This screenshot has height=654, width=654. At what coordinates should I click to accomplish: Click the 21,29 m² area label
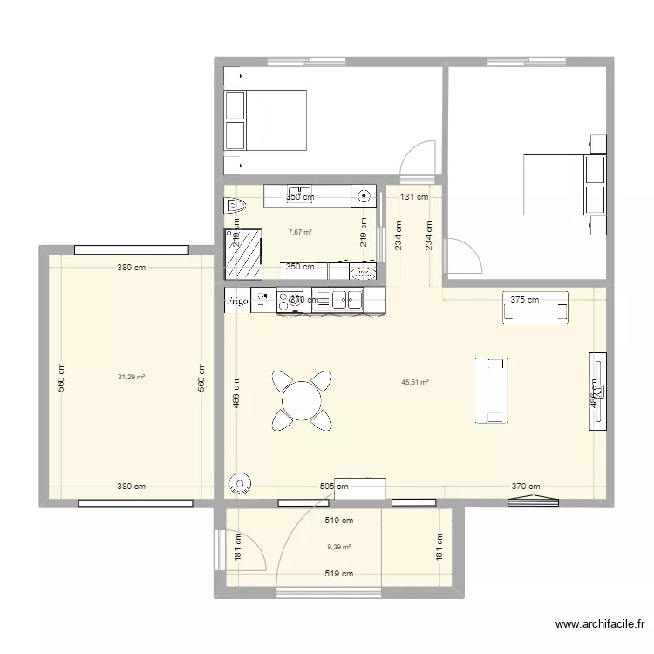[131, 377]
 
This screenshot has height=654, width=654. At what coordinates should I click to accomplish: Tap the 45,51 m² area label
[415, 381]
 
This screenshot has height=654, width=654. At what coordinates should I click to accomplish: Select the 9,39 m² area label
[338, 548]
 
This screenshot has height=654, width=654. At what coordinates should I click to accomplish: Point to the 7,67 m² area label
[300, 233]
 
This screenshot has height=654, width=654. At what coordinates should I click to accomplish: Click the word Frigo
[237, 302]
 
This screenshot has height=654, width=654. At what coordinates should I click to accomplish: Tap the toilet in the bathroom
[235, 207]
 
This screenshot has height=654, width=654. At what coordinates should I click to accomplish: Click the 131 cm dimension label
[414, 197]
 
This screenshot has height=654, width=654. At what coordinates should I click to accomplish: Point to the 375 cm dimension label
[524, 300]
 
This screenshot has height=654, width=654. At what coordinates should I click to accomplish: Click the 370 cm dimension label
[526, 487]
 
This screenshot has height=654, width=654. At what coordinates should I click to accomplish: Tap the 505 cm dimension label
[334, 487]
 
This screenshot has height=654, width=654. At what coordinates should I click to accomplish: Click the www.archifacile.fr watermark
[602, 624]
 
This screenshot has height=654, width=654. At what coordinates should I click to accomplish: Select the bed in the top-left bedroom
[266, 119]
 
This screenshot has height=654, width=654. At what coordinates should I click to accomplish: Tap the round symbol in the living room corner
[238, 484]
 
